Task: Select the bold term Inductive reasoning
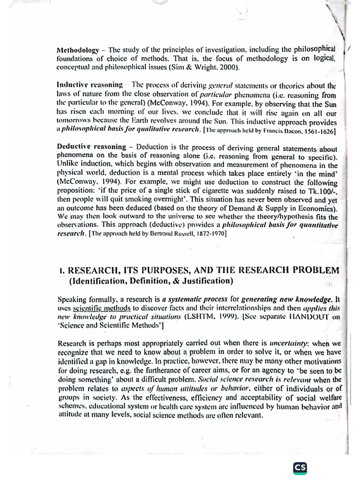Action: point(90,85)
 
